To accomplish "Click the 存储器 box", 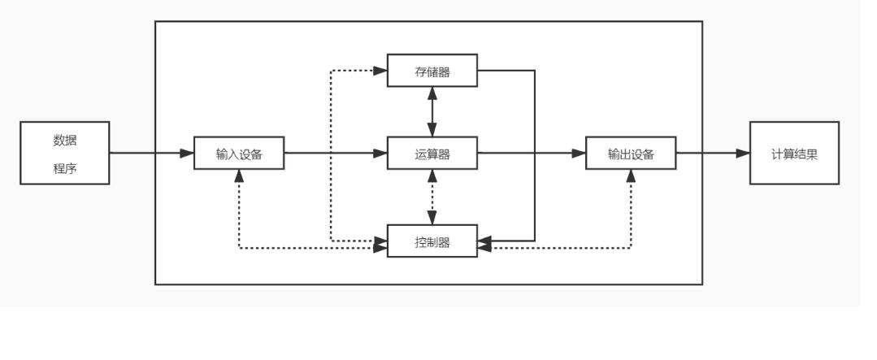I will [432, 71].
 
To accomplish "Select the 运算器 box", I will [432, 153].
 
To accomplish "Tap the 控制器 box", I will [432, 241].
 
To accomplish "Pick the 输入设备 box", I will [239, 153].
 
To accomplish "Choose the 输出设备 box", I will [631, 153].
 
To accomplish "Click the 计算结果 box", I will [793, 153].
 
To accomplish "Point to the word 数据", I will [64, 140].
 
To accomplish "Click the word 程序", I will [64, 168].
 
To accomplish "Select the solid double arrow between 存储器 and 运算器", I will [432, 112].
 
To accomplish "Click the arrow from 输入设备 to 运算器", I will [335, 153].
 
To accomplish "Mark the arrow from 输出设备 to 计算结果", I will [712, 153].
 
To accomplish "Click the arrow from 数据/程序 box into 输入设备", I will [151, 153].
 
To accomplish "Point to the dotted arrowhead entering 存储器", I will [380, 71].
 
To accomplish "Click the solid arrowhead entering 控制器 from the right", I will [484, 241].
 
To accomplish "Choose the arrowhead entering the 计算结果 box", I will [742, 153].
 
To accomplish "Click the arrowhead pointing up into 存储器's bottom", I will [432, 93].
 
